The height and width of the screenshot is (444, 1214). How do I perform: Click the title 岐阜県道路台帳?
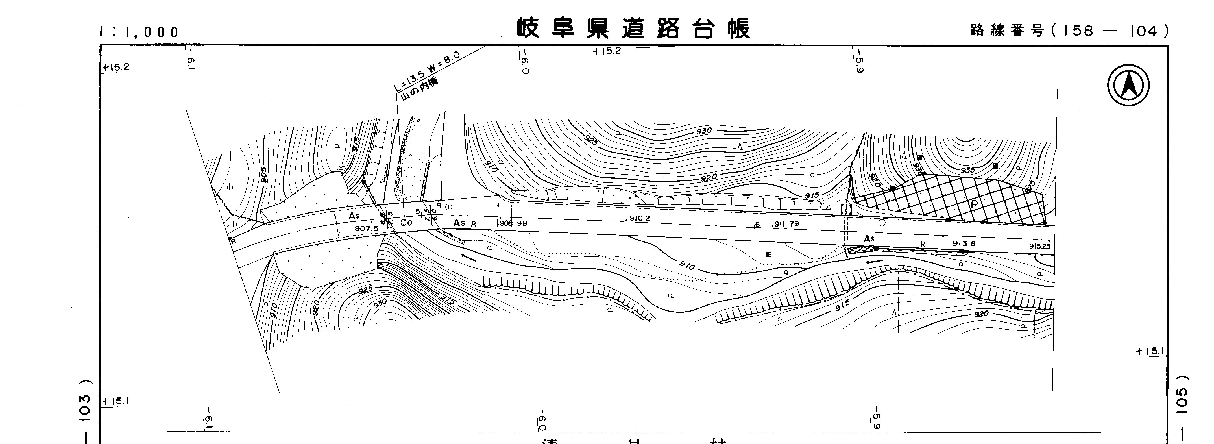tap(633, 29)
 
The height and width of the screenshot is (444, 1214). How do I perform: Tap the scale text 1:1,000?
tap(139, 32)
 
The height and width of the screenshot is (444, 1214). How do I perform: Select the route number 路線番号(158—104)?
tap(1069, 31)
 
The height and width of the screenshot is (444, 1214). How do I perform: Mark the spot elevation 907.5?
tap(367, 228)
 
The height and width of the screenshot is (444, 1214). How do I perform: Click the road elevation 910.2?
tap(640, 219)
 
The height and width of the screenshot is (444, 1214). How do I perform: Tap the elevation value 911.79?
tap(786, 224)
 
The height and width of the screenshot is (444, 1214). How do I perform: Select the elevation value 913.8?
tap(964, 244)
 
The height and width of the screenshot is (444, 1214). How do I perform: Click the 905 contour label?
tap(263, 174)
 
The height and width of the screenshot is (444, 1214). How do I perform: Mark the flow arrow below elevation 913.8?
tap(875, 262)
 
